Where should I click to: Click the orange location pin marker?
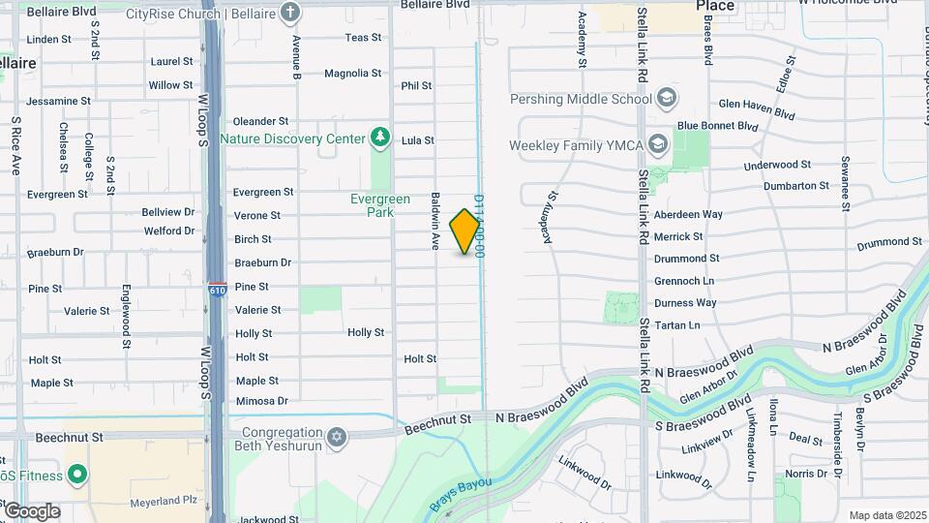pyautogui.click(x=465, y=231)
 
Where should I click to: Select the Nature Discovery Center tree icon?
pyautogui.click(x=380, y=138)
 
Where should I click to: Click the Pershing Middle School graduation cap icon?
pyautogui.click(x=666, y=98)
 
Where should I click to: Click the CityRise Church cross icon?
pyautogui.click(x=289, y=13)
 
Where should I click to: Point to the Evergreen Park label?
pyautogui.click(x=380, y=205)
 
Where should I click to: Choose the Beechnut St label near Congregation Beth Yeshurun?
pyautogui.click(x=437, y=418)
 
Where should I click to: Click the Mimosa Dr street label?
pyautogui.click(x=261, y=401)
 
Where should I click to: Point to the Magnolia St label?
pyautogui.click(x=352, y=73)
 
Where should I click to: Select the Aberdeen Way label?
pyautogui.click(x=688, y=214)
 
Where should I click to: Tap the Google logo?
pyautogui.click(x=31, y=510)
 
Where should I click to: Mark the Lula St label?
pyautogui.click(x=417, y=140)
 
